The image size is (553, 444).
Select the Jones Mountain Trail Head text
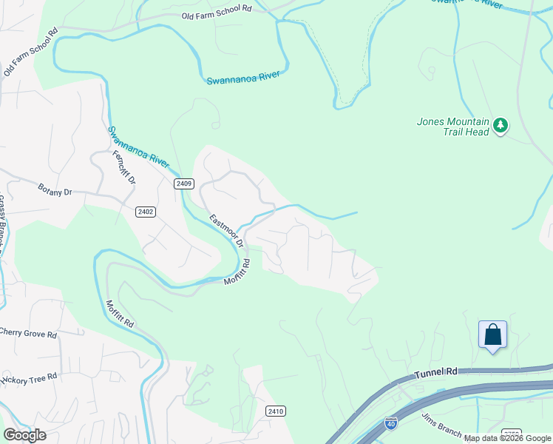[x=453, y=127]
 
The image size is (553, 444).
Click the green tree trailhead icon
[x=501, y=127]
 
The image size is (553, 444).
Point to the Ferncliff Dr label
[x=123, y=168]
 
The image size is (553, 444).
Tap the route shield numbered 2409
[x=184, y=184]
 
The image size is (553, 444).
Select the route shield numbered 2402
[x=146, y=212]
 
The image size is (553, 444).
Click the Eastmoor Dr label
[x=225, y=231]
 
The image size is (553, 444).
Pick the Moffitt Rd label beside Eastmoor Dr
[x=237, y=272]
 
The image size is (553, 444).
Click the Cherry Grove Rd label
[x=28, y=333]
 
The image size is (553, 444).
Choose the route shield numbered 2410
[x=275, y=411]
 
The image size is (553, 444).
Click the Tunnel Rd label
[x=437, y=372]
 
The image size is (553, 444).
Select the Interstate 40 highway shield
[x=390, y=423]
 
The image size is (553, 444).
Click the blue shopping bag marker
[x=492, y=335]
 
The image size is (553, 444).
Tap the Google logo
[x=24, y=434]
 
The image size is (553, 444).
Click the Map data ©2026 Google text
[x=507, y=438]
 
